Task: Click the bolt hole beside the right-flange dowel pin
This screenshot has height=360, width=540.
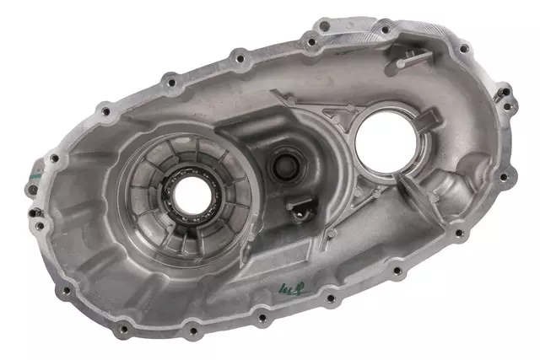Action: pos(506,175)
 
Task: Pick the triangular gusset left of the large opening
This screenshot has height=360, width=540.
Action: pos(333,118)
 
